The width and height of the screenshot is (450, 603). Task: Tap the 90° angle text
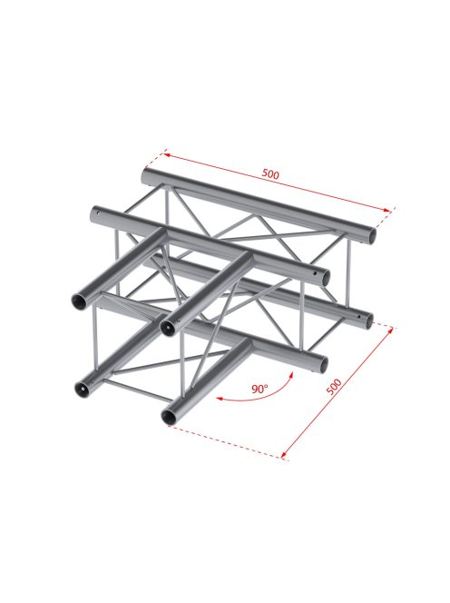click(259, 390)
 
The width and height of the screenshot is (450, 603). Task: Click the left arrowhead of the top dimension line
click(165, 152)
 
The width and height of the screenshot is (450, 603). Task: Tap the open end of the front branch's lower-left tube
click(80, 389)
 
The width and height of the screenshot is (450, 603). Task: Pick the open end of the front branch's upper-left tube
click(80, 301)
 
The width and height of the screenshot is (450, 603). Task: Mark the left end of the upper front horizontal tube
click(96, 215)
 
